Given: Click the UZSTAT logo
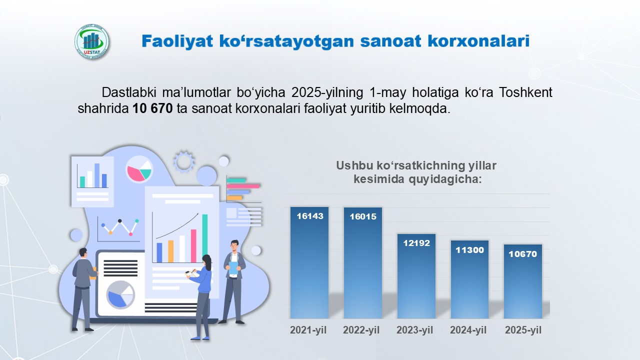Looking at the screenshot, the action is (x=91, y=41).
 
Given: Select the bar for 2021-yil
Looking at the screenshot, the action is (x=309, y=262).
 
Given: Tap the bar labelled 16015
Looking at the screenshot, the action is (x=363, y=263).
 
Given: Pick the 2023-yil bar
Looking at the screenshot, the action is (x=416, y=276).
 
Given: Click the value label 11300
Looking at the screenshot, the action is (x=469, y=250).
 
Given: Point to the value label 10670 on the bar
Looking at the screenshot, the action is (x=523, y=254).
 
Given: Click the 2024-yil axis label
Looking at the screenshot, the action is (x=468, y=330).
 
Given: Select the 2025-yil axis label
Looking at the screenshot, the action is (x=523, y=330).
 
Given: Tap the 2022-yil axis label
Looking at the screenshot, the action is (x=361, y=330).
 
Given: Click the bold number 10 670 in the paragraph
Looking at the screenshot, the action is (x=152, y=108).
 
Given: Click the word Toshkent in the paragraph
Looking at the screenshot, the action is (x=525, y=92).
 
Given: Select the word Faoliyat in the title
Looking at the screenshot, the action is (x=177, y=41).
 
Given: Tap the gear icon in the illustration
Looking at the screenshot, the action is (x=184, y=161).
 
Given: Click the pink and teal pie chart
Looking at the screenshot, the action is (x=139, y=169).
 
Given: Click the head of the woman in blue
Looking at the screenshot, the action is (x=207, y=261).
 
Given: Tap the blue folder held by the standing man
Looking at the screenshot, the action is (x=233, y=268).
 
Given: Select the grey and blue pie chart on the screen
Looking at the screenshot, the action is (x=120, y=295).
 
